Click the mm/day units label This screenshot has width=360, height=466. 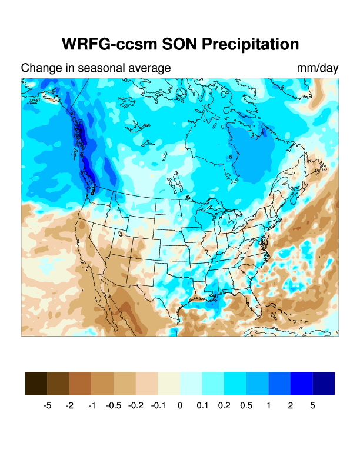(x=318, y=68)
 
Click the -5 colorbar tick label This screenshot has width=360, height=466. (x=48, y=405)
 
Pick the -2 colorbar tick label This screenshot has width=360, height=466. (x=69, y=405)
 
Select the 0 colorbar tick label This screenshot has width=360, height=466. (x=180, y=405)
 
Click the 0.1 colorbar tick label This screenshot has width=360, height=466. (x=202, y=405)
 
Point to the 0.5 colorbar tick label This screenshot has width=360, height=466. (x=246, y=405)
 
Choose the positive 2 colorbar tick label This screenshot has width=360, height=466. (x=291, y=405)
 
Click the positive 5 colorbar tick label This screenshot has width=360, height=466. (x=312, y=405)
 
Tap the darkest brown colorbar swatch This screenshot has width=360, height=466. (x=36, y=383)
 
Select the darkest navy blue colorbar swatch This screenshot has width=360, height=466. (x=324, y=383)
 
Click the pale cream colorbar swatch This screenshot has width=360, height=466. (x=169, y=383)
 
